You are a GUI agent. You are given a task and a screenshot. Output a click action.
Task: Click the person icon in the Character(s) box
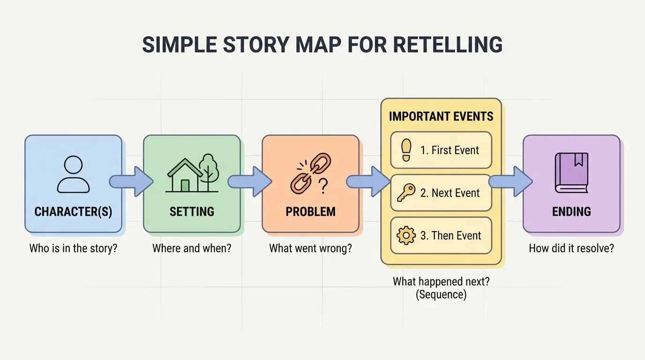[73, 174]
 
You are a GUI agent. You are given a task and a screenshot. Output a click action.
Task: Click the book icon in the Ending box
[571, 173]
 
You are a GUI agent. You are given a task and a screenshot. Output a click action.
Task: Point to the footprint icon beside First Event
[406, 150]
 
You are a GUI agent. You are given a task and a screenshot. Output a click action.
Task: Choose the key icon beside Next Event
[405, 193]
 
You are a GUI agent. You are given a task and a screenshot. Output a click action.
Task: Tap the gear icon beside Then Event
[406, 235]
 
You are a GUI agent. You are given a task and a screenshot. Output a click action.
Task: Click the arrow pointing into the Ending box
[511, 181]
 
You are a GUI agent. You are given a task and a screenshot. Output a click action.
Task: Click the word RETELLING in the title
[447, 45]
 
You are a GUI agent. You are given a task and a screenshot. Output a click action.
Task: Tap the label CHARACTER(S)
[73, 211]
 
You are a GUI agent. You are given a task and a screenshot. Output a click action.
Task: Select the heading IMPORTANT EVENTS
[441, 116]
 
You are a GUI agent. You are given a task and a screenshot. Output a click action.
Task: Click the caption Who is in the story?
[73, 248]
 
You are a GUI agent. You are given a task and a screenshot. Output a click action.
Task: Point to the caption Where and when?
[192, 248]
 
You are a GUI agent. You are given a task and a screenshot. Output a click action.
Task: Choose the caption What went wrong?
[310, 248]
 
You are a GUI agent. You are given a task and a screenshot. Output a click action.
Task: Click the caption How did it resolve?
[571, 248]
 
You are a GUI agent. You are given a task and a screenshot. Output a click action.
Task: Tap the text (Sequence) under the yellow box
[441, 295]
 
